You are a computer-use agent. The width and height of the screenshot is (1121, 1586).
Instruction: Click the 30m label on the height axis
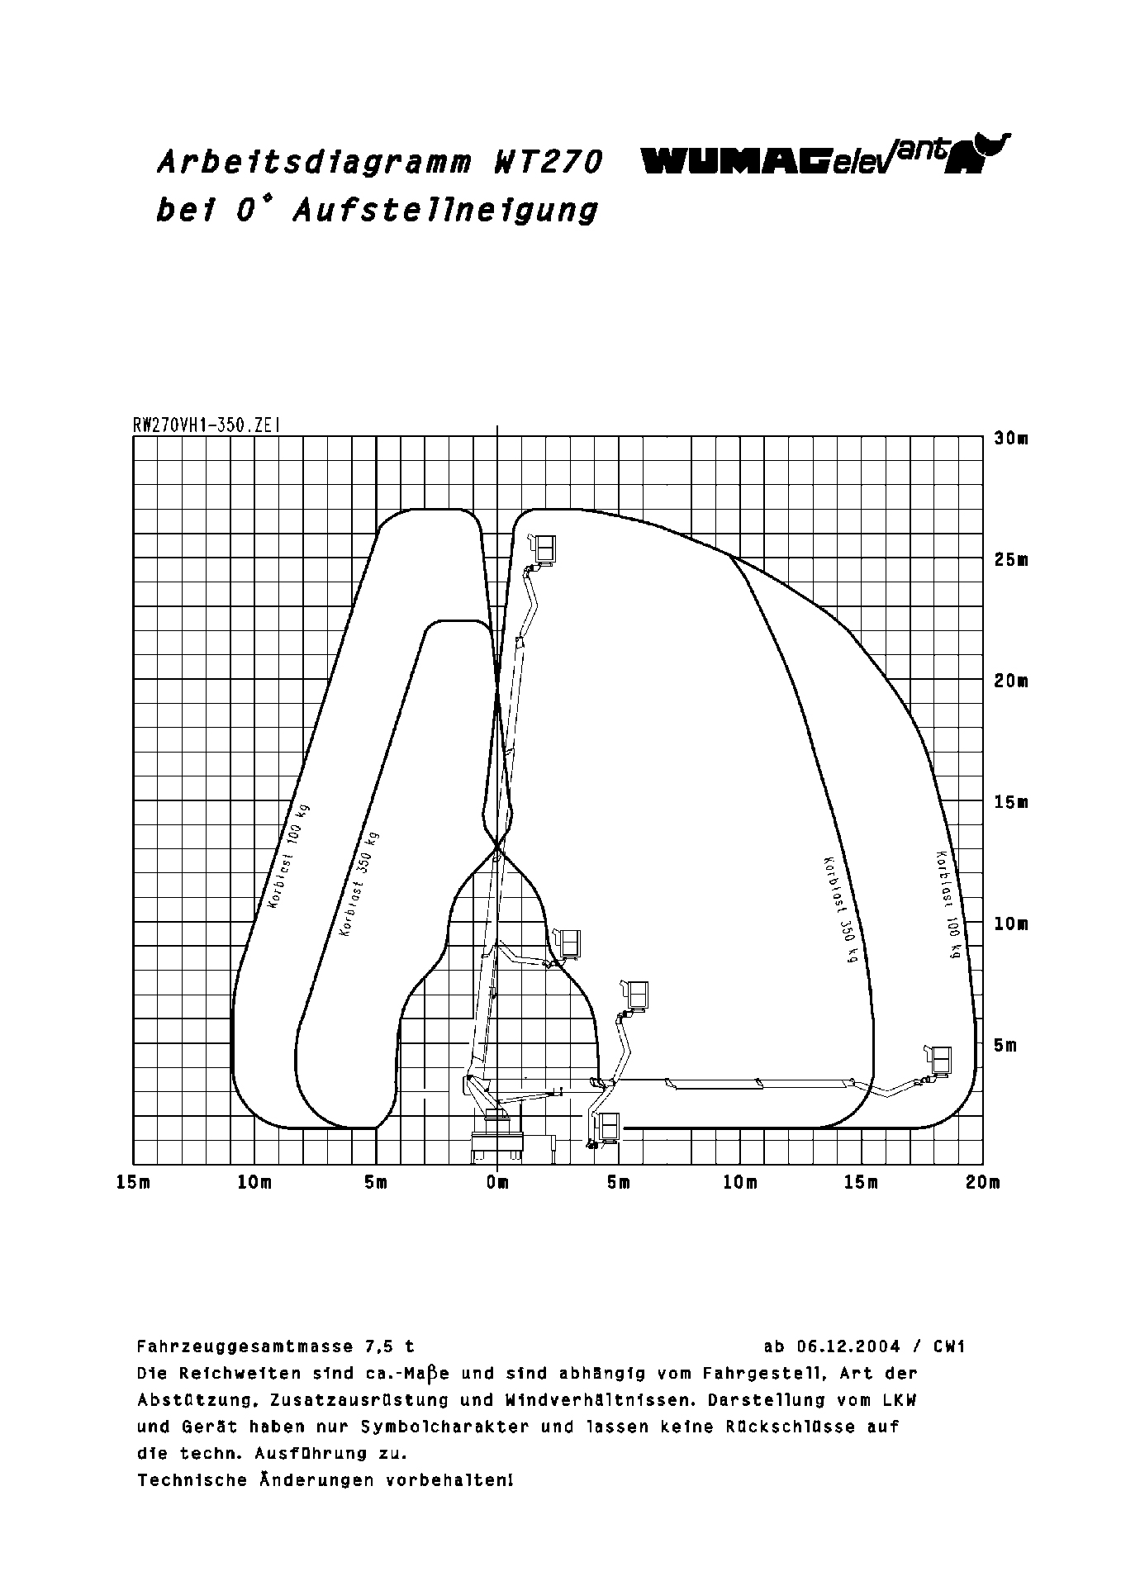pyautogui.click(x=1011, y=439)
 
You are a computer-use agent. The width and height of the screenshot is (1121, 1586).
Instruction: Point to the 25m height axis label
pyautogui.click(x=1011, y=560)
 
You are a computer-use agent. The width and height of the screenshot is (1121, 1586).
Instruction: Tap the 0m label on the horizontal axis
pyautogui.click(x=497, y=1183)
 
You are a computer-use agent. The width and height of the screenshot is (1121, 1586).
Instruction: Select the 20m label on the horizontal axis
pyautogui.click(x=982, y=1183)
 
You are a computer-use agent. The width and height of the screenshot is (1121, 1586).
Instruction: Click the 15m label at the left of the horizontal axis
pyautogui.click(x=133, y=1183)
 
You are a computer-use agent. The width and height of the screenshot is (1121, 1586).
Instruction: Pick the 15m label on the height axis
pyautogui.click(x=1011, y=803)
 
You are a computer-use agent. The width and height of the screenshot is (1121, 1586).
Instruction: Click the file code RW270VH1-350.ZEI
pyautogui.click(x=207, y=425)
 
